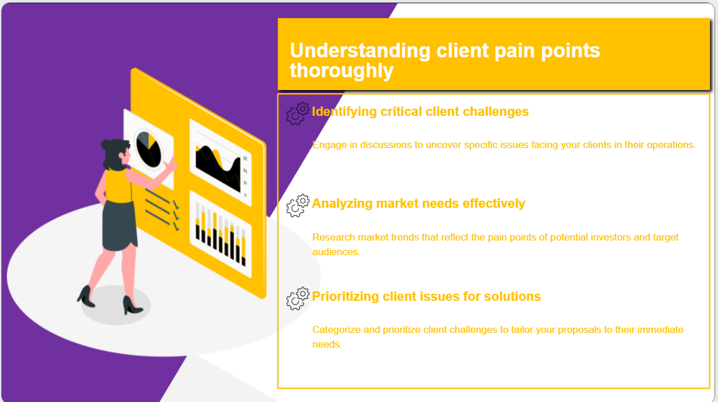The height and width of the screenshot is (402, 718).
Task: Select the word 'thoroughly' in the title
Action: pyautogui.click(x=341, y=71)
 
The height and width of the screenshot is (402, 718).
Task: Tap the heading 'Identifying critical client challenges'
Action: pyautogui.click(x=420, y=111)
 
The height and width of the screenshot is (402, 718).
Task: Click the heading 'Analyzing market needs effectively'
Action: pyautogui.click(x=419, y=203)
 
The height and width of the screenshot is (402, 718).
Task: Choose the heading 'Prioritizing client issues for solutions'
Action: pyautogui.click(x=426, y=296)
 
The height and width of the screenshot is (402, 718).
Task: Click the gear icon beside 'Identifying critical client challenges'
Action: pyautogui.click(x=298, y=113)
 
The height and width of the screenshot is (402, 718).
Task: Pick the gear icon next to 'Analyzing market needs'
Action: pyautogui.click(x=298, y=205)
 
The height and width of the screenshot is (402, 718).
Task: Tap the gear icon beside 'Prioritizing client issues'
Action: pyautogui.click(x=298, y=298)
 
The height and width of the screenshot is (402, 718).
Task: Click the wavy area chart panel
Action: pyautogui.click(x=220, y=163)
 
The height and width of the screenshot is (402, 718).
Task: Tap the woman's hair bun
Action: pyautogui.click(x=106, y=144)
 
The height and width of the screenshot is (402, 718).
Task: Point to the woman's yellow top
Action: pyautogui.click(x=117, y=185)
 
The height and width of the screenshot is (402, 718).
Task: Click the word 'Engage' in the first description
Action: pyautogui.click(x=329, y=145)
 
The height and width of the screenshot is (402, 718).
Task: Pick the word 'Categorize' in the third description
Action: pyautogui.click(x=336, y=329)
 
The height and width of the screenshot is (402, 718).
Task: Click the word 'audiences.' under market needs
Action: pyautogui.click(x=336, y=252)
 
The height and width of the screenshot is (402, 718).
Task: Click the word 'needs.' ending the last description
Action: pyautogui.click(x=327, y=344)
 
